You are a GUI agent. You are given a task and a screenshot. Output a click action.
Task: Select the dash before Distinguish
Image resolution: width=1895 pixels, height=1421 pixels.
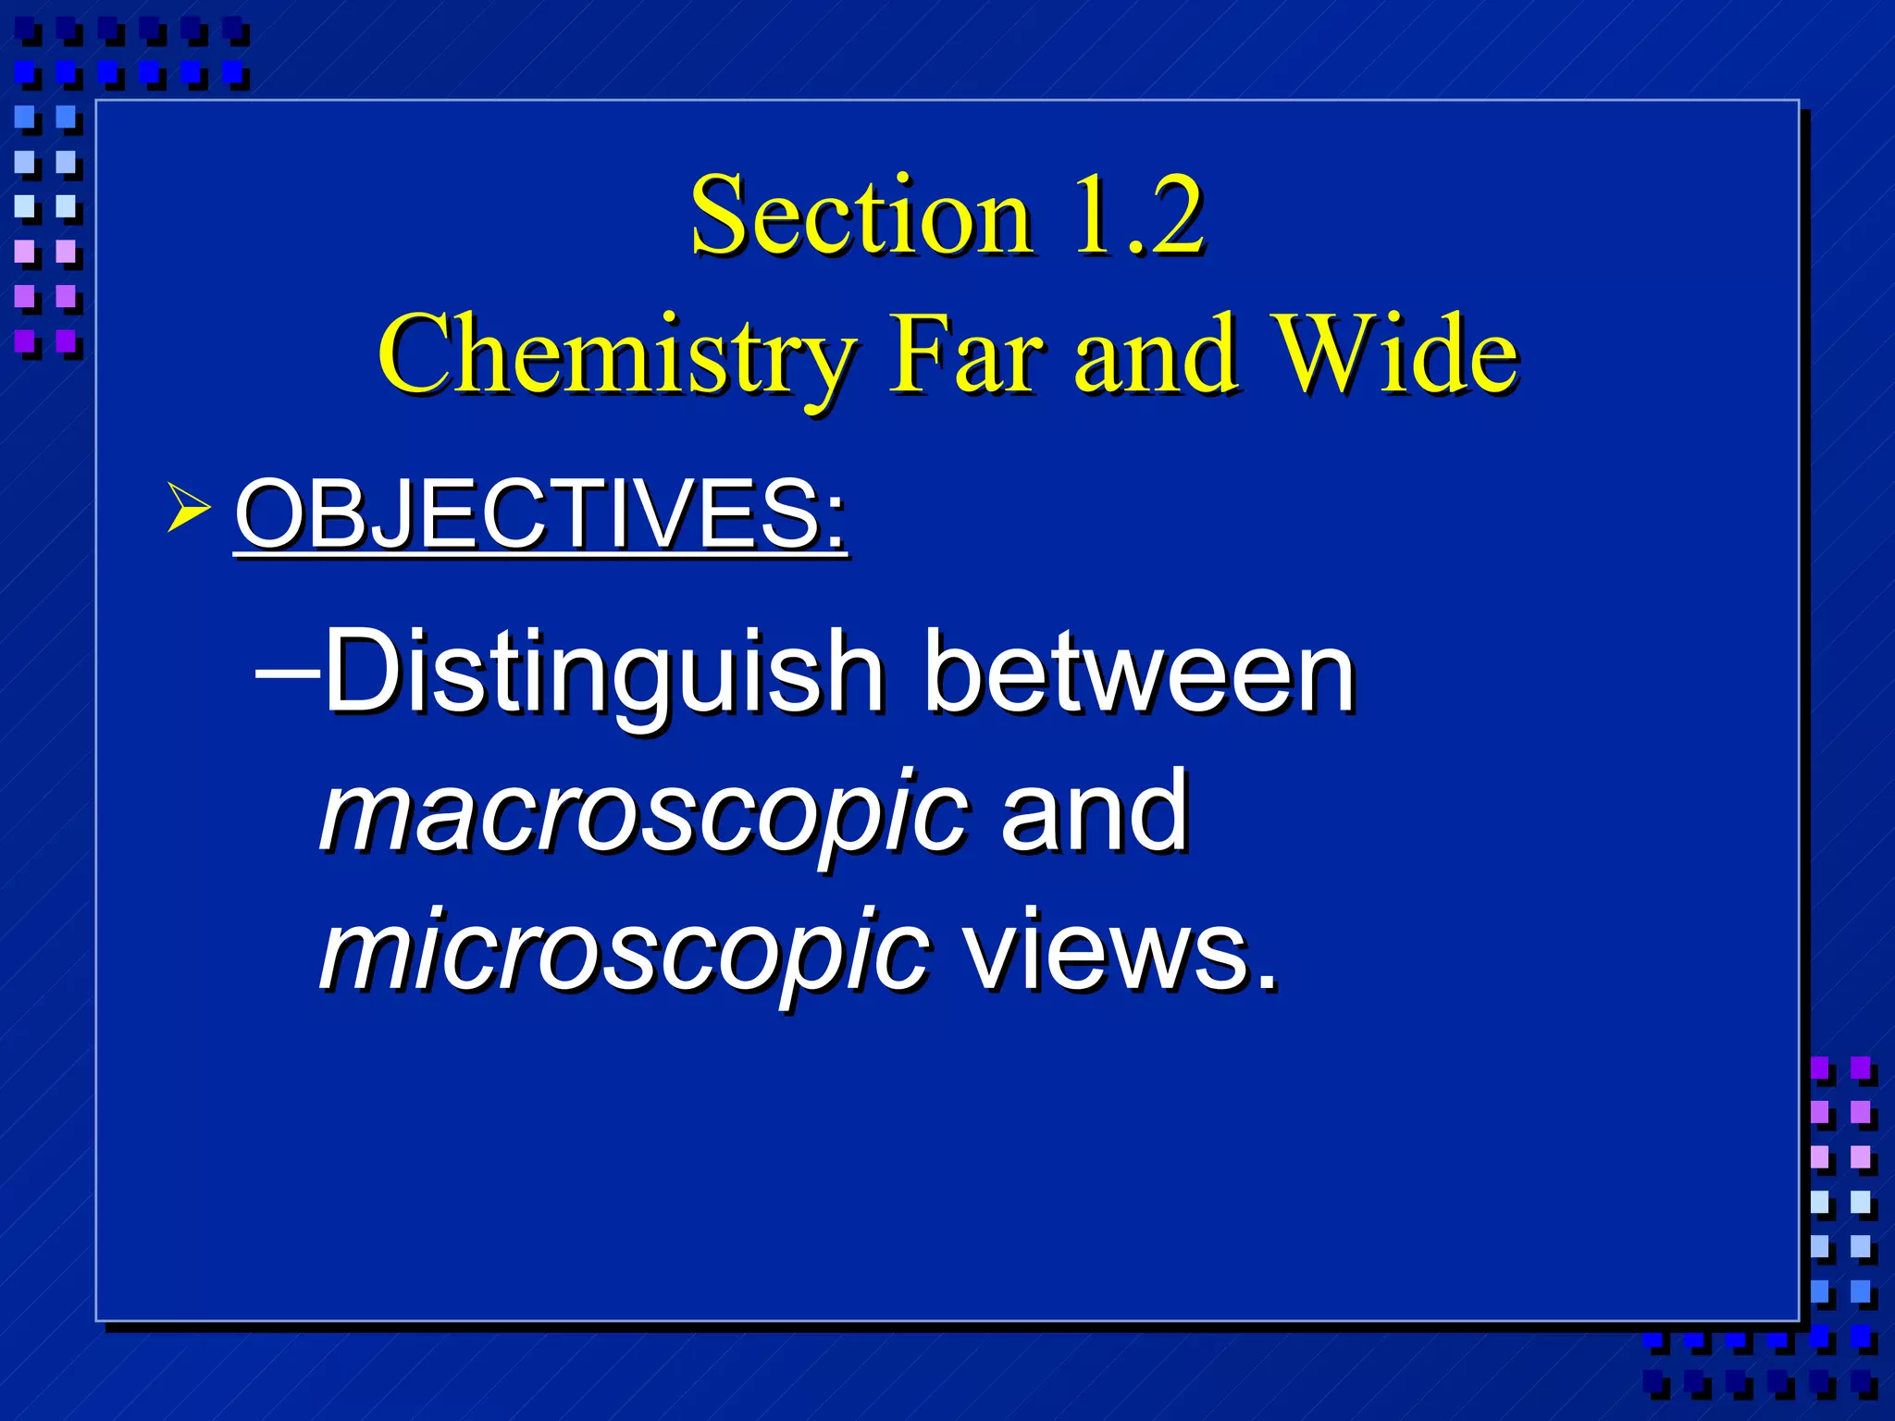pos(287,673)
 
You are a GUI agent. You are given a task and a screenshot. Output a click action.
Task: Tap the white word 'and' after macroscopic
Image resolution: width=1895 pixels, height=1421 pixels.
pos(1094,812)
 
